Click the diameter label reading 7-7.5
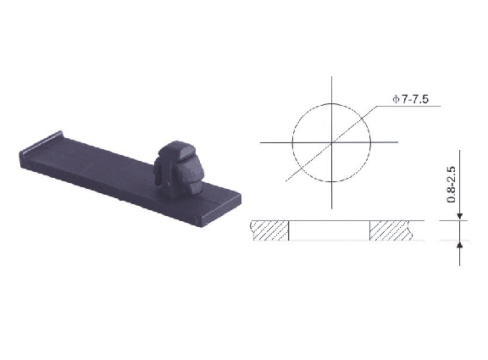click(415, 99)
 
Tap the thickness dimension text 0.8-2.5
click(452, 185)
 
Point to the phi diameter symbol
click(396, 100)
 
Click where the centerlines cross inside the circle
click(332, 142)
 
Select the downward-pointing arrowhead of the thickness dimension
click(460, 217)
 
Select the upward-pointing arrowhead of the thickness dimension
click(460, 245)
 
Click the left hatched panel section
click(270, 230)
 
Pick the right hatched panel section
click(391, 230)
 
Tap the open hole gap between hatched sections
click(330, 230)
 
